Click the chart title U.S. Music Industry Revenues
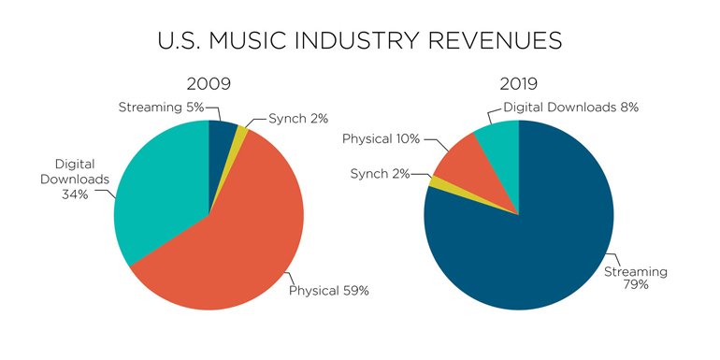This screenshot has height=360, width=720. [x=359, y=40]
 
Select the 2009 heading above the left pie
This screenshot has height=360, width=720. [x=209, y=84]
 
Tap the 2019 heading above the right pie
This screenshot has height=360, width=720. [x=518, y=84]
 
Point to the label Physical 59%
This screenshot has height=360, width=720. [x=328, y=291]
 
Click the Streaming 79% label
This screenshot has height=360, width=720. [x=636, y=279]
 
